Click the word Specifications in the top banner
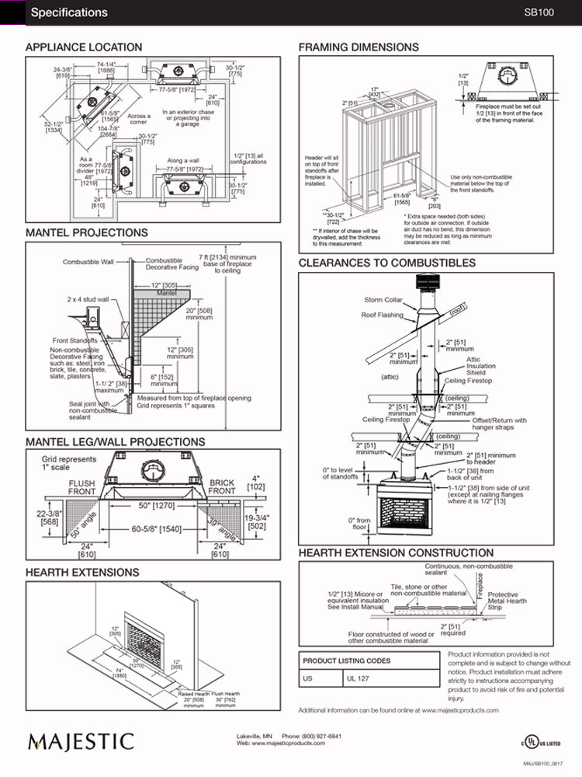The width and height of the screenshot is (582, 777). [x=69, y=12]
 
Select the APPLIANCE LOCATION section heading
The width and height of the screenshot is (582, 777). [x=84, y=47]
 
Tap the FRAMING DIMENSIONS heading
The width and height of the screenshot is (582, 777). [x=359, y=47]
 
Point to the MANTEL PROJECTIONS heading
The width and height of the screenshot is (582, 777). [x=86, y=232]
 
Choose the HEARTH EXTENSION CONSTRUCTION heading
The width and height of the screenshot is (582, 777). [x=396, y=553]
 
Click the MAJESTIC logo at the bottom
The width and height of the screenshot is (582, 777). [x=81, y=740]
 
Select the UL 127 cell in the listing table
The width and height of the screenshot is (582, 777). [x=359, y=678]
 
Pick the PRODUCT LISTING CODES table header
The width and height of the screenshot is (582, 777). [x=346, y=660]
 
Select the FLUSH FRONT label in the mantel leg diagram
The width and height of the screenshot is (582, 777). [x=81, y=487]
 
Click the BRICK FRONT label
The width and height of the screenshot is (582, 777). [x=222, y=487]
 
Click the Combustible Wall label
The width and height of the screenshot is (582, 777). [x=88, y=262]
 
